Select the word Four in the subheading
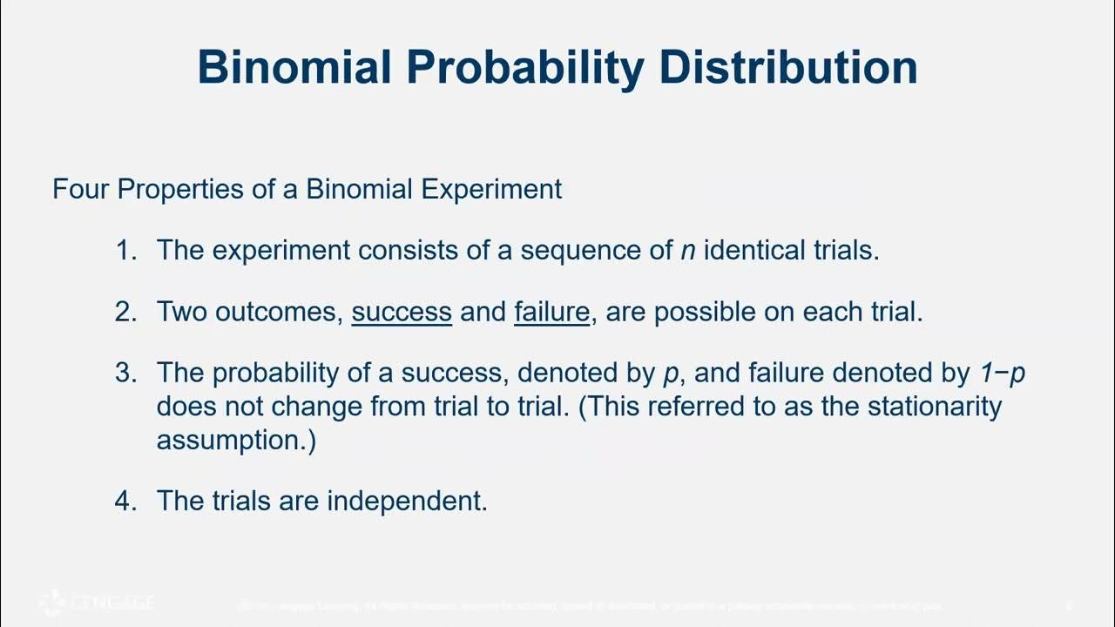click(81, 189)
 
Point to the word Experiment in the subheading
click(492, 189)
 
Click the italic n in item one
click(688, 251)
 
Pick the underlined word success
click(402, 312)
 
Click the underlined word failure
click(552, 312)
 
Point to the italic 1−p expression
click(1000, 374)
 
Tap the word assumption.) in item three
click(236, 441)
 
